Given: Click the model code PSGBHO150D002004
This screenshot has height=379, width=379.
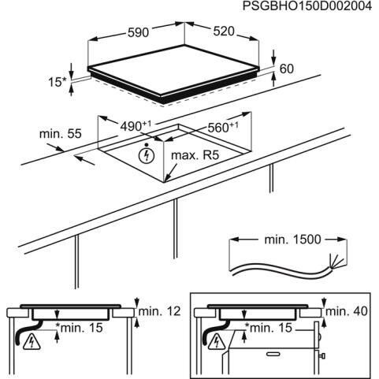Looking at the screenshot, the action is (x=307, y=6).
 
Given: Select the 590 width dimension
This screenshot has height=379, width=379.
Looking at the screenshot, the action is (x=138, y=33).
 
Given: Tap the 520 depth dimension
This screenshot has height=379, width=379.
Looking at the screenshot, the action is (x=224, y=32).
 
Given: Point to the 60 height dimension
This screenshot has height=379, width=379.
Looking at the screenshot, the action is (x=287, y=69).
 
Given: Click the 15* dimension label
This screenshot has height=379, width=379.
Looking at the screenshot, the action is (x=58, y=83).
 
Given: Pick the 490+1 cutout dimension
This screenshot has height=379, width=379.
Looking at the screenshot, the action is (x=136, y=126).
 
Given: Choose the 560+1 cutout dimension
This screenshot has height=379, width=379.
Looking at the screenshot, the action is (x=223, y=128).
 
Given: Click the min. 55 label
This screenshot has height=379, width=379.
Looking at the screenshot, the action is (x=61, y=134).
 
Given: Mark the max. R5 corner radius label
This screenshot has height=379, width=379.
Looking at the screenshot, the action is (x=195, y=155).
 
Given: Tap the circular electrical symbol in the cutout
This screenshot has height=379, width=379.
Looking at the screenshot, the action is (x=147, y=155).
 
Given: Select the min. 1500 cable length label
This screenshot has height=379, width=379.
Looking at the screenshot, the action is (x=292, y=240).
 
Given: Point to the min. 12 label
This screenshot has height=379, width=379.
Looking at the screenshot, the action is (x=160, y=311).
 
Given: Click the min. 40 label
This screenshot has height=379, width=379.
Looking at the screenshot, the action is (x=347, y=311).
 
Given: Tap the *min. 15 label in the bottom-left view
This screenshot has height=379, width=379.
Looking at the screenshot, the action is (x=79, y=328).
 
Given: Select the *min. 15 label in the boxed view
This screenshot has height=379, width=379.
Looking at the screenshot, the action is (x=269, y=328).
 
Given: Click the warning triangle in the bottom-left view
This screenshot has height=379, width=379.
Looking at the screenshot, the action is (x=32, y=342).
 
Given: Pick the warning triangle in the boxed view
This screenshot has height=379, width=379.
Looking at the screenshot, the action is (x=217, y=342).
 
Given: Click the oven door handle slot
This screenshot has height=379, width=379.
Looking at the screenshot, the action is (x=273, y=354).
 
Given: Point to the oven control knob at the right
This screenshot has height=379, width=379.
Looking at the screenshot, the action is (x=322, y=356).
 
